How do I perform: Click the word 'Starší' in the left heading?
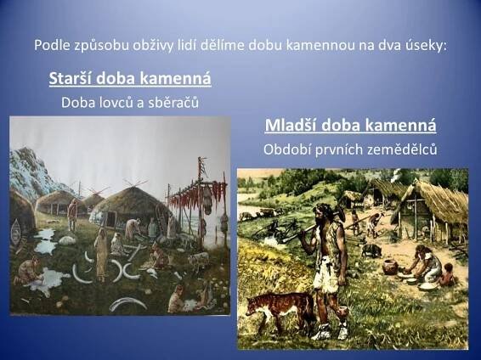(x=71, y=78)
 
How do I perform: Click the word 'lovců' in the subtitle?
(x=115, y=103)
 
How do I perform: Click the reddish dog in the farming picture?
(x=279, y=308)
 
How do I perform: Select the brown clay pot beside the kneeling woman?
(x=391, y=267)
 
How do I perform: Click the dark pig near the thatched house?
(x=371, y=250)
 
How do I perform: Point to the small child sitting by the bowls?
(x=448, y=275)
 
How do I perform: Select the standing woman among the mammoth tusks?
(x=101, y=255)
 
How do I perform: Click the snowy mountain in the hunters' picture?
(x=31, y=172)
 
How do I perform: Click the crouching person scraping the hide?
(x=28, y=271)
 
